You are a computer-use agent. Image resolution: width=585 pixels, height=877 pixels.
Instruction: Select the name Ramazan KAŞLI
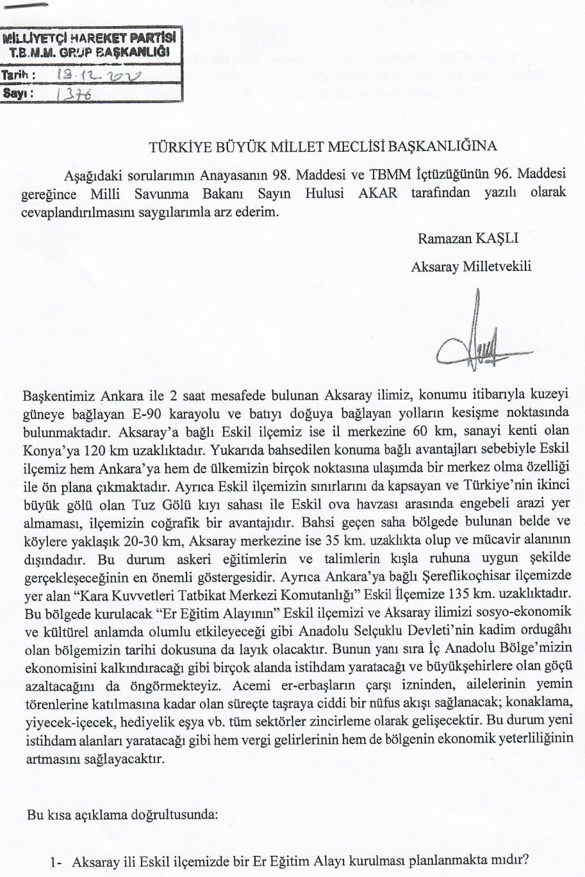click(x=467, y=239)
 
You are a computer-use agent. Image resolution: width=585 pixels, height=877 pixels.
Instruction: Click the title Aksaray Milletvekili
click(x=471, y=266)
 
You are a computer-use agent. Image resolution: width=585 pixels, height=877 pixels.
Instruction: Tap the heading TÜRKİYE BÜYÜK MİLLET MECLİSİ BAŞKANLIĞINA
click(x=322, y=146)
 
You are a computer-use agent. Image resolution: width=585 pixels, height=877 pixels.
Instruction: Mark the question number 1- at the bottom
click(x=56, y=862)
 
